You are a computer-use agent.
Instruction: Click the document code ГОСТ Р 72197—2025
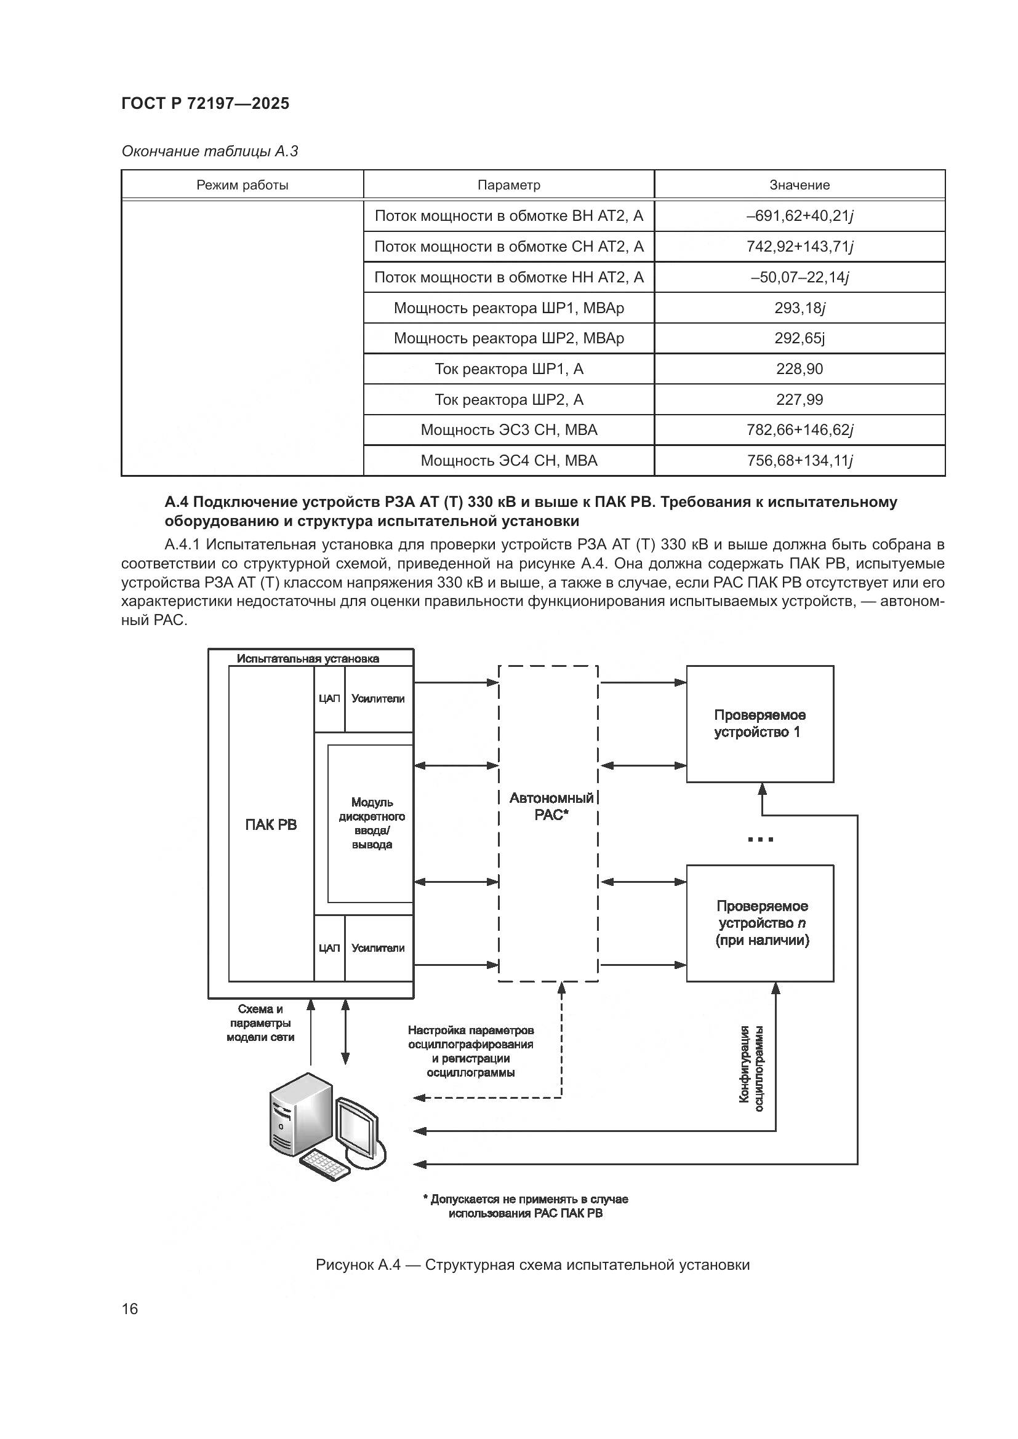[x=205, y=103]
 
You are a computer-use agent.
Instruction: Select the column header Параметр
[x=508, y=185]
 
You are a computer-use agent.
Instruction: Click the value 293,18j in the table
[x=800, y=308]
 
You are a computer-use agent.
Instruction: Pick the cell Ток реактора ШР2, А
[x=508, y=399]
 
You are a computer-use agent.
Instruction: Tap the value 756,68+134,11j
[x=800, y=461]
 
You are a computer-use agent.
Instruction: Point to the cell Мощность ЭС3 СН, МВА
[x=508, y=430]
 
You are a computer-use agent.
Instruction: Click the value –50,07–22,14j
[x=800, y=277]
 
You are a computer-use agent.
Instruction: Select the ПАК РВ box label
[x=271, y=825]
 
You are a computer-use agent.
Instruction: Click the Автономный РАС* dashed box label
[x=551, y=806]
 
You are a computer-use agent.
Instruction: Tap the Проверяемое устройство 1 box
[x=759, y=724]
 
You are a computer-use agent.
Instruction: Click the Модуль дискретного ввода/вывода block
[x=372, y=824]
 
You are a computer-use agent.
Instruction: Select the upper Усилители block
[x=378, y=699]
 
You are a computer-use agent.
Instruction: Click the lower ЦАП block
[x=329, y=948]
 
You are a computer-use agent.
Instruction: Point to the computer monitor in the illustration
[x=358, y=1133]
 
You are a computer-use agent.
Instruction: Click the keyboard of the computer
[x=325, y=1165]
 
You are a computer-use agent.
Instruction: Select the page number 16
[x=130, y=1309]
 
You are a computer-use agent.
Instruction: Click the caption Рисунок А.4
[x=532, y=1265]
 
